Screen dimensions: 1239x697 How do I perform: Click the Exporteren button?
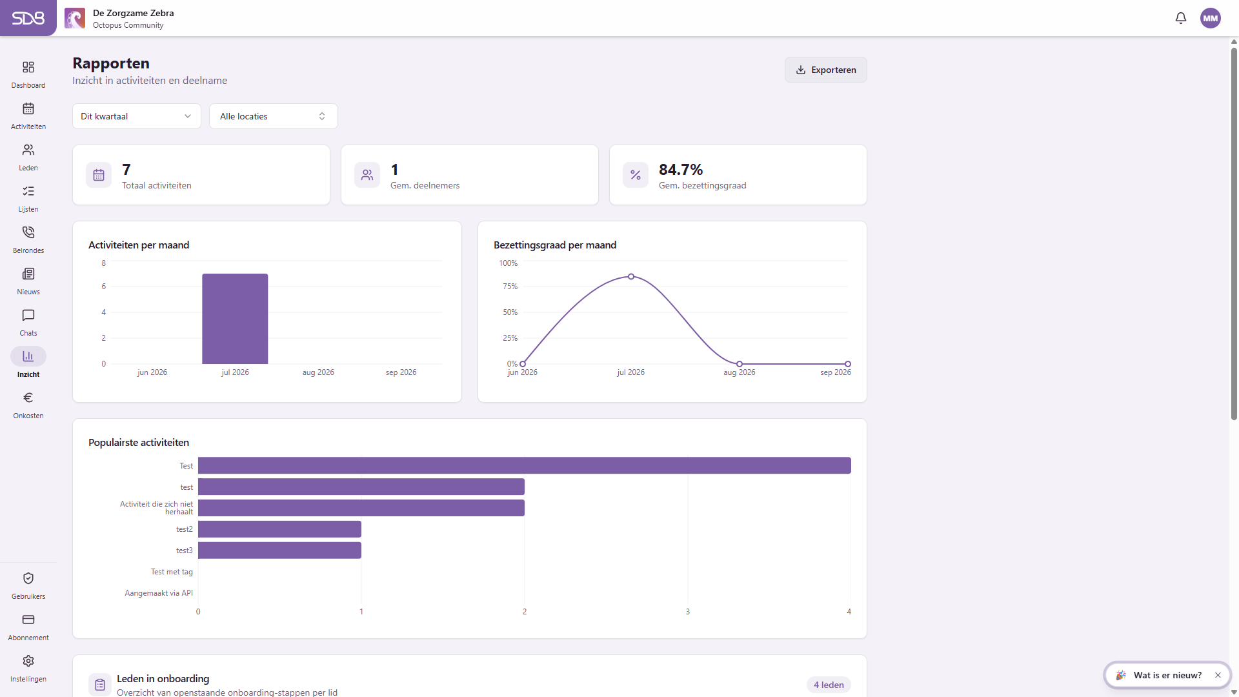tap(825, 70)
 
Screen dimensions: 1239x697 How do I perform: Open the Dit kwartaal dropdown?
tap(137, 116)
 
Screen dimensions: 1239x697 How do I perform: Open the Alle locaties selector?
tap(274, 116)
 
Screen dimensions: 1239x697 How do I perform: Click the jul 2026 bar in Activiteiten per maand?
tap(235, 319)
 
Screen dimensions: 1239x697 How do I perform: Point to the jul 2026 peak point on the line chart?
tap(631, 277)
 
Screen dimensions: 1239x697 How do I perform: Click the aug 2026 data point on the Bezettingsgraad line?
tap(740, 364)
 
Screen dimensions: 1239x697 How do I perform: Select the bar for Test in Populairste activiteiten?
tap(525, 465)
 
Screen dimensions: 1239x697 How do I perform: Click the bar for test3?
tap(279, 551)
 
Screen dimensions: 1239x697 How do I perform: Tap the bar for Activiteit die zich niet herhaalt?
tap(361, 508)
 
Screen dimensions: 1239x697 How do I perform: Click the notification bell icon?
tap(1181, 18)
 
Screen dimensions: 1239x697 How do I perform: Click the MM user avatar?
tap(1211, 18)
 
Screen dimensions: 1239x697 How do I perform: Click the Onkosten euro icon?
tap(28, 398)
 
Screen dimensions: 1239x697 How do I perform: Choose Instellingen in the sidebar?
tap(28, 669)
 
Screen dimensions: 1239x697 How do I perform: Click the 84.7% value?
tap(681, 170)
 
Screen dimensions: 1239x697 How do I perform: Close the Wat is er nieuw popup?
tap(1218, 675)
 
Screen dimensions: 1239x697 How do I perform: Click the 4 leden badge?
tap(829, 685)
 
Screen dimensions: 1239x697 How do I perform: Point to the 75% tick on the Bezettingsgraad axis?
tap(510, 287)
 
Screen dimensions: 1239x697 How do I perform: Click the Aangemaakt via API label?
tap(159, 593)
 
